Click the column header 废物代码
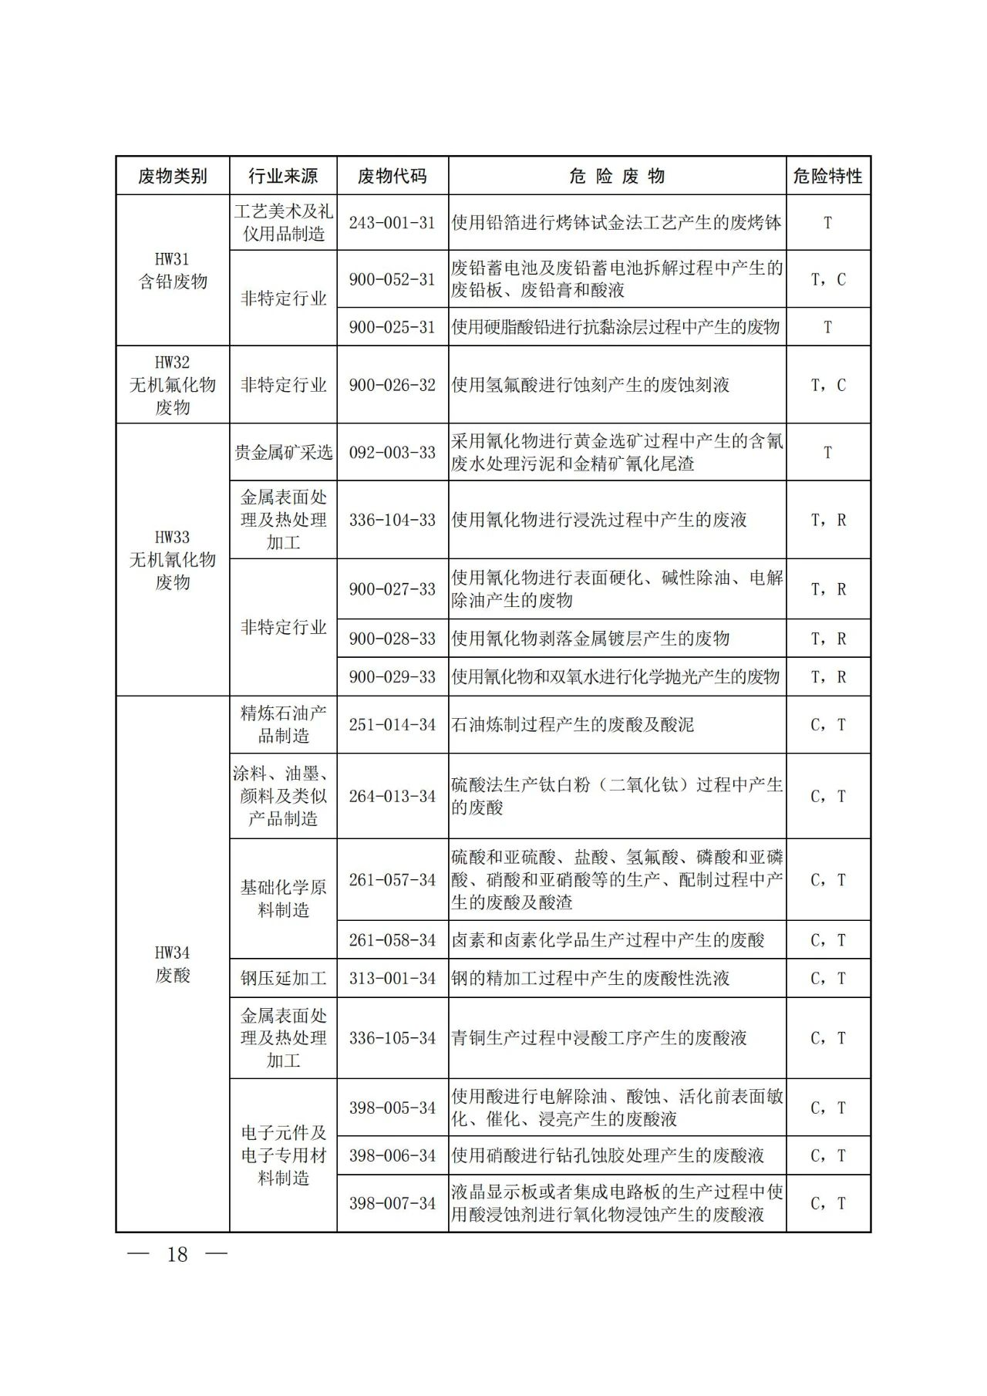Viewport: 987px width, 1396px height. pyautogui.click(x=392, y=176)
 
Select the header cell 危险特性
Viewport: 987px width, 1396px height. pyautogui.click(x=827, y=176)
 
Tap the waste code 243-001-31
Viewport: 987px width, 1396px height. pyautogui.click(x=392, y=222)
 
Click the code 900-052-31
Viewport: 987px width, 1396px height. pyautogui.click(x=392, y=279)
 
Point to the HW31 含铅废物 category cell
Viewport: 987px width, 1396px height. pyautogui.click(x=173, y=270)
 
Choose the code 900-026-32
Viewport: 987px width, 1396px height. pyautogui.click(x=392, y=384)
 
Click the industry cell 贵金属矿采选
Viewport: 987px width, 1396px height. pyautogui.click(x=283, y=452)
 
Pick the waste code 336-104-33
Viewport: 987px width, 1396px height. pyautogui.click(x=392, y=520)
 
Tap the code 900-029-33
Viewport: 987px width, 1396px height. pyautogui.click(x=392, y=676)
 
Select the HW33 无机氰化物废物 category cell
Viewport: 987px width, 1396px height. pyautogui.click(x=173, y=559)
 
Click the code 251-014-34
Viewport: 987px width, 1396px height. pyautogui.click(x=392, y=724)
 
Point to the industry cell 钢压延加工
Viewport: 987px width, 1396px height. pyautogui.click(x=283, y=978)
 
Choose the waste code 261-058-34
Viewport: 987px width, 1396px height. pyautogui.click(x=392, y=939)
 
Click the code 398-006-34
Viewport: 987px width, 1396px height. pyautogui.click(x=392, y=1155)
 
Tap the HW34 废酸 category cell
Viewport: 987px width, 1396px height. pyautogui.click(x=173, y=964)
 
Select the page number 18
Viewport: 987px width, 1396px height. pyautogui.click(x=177, y=1254)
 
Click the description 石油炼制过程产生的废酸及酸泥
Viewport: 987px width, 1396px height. pyautogui.click(x=572, y=724)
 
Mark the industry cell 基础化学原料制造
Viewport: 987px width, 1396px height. pyautogui.click(x=283, y=899)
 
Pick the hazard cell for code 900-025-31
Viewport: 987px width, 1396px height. pyautogui.click(x=827, y=327)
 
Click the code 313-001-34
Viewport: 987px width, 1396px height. pyautogui.click(x=392, y=978)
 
